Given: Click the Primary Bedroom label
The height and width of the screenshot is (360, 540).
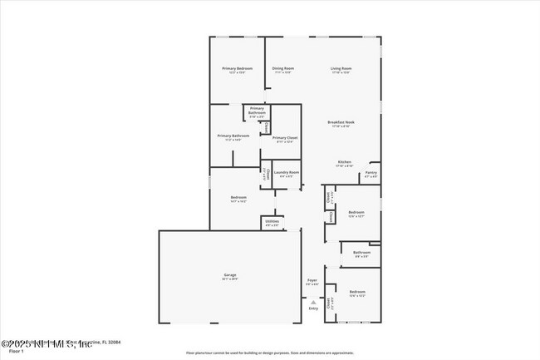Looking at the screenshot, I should pos(237,68).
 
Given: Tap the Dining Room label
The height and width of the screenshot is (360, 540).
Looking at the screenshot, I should pos(283,68).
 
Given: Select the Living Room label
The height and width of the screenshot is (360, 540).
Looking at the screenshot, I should pos(341,68).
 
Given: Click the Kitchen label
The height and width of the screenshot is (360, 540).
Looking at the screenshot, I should pos(344,162).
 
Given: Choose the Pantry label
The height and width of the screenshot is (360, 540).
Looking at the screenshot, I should pos(371,173).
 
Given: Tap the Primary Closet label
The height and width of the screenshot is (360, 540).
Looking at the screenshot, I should pos(285,138).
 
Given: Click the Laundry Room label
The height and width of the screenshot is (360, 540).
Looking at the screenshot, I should pos(287,172).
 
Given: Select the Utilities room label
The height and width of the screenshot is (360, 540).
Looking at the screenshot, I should pos(272,221).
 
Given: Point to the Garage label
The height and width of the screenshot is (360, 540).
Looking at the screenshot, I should pos(230,274).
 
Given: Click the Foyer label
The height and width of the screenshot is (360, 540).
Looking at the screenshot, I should pos(312,280).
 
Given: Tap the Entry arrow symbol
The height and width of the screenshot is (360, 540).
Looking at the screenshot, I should pos(313,301).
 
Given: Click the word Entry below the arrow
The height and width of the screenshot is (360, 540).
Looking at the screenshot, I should pos(313,308).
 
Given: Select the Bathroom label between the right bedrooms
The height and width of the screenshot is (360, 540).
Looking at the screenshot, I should pos(361,253).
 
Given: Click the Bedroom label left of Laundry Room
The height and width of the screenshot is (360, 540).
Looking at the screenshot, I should pos(238,197).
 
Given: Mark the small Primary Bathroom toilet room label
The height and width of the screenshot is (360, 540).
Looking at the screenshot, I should pos(257,112).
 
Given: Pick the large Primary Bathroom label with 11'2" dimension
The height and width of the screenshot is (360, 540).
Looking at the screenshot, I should pos(233,136).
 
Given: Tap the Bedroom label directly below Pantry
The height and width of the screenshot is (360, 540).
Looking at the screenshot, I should pos(356,212).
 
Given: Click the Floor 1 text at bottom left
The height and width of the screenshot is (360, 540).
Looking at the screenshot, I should pos(11,352).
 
